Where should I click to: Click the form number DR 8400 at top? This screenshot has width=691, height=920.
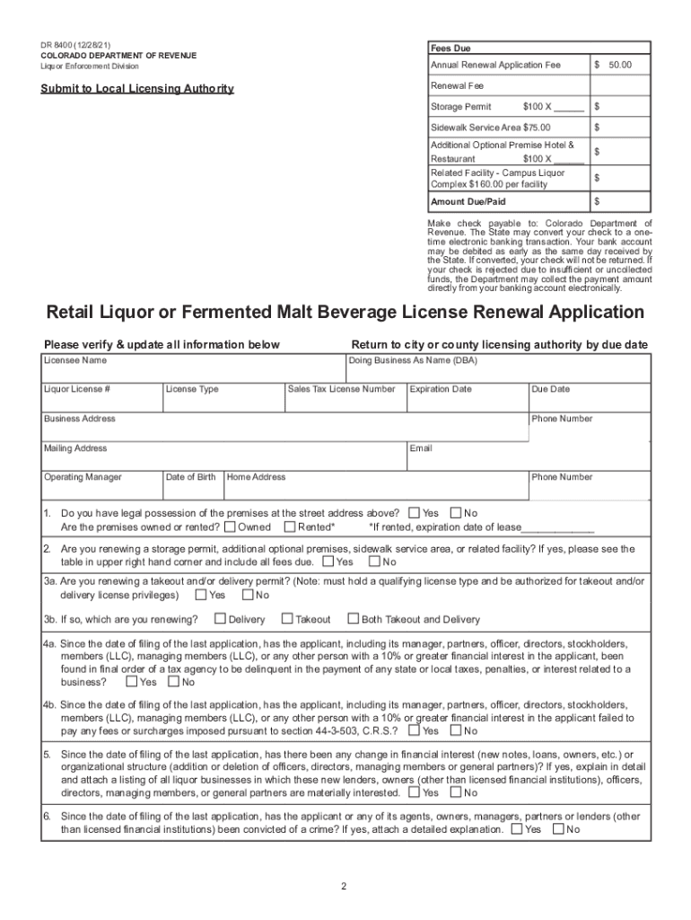click(x=56, y=44)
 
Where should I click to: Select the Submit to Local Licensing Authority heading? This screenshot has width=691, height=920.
click(x=136, y=88)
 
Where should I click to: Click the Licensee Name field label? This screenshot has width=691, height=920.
click(x=75, y=360)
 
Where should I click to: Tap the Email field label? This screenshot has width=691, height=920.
click(x=421, y=448)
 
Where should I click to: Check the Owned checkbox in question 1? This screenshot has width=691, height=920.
click(x=231, y=527)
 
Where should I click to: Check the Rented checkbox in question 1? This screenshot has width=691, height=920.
click(x=290, y=527)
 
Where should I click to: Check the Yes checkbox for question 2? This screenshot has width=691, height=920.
click(x=328, y=562)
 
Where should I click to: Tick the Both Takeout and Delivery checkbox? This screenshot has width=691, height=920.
click(x=354, y=618)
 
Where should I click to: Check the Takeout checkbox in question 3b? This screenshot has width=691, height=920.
click(x=287, y=618)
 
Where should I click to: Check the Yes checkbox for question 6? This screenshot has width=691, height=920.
click(x=516, y=829)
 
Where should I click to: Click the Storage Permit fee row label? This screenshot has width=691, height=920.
click(x=461, y=106)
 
